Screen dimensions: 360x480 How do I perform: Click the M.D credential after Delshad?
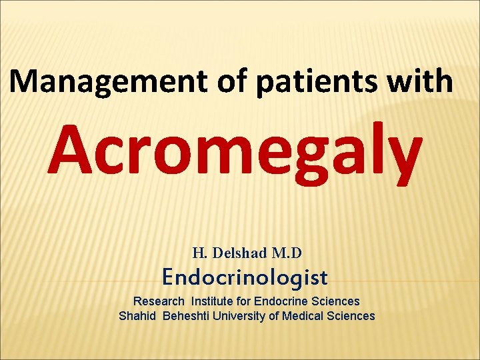[x=287, y=253]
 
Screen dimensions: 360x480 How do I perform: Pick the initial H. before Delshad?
[x=199, y=253]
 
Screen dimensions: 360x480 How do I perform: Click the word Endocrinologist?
[x=245, y=277]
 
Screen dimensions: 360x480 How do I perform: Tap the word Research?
[x=159, y=301]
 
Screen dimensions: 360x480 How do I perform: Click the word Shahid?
[x=136, y=316]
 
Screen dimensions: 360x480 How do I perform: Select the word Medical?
[x=303, y=316]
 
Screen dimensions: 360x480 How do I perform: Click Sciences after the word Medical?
[x=351, y=316]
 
